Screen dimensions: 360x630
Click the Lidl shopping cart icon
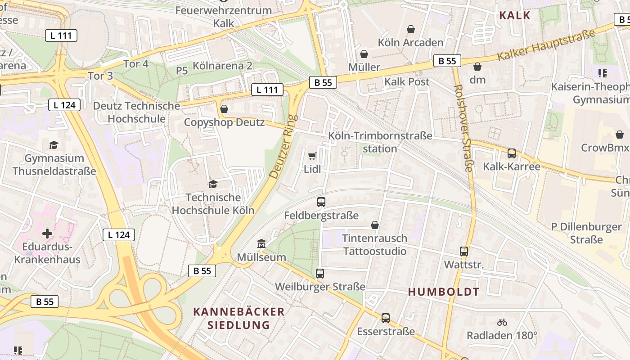point(312,156)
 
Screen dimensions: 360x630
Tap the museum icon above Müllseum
point(261,244)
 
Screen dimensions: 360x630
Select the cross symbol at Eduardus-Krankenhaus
point(47,234)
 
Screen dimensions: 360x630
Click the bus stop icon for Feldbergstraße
point(321,202)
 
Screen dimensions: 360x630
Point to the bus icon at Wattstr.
point(464,252)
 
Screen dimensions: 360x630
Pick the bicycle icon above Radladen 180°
point(502,322)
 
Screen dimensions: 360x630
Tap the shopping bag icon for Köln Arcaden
point(411,30)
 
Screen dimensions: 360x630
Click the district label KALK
point(515,15)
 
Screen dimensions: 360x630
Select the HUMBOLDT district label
point(444,292)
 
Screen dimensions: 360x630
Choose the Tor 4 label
point(136,64)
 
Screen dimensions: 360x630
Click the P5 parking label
point(182,71)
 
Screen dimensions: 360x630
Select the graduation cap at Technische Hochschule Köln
point(213,184)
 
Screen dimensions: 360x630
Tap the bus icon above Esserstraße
point(386,318)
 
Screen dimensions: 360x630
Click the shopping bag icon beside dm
point(477,67)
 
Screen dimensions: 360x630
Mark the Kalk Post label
point(407,82)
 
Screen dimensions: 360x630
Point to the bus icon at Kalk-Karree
point(512,153)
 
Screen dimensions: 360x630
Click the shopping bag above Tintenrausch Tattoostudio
point(375,225)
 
